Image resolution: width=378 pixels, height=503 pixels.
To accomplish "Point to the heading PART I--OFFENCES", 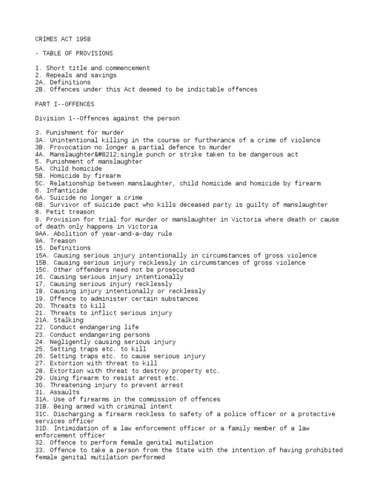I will pyautogui.click(x=65, y=104).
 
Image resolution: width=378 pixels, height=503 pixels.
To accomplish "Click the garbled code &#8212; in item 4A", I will pyautogui.click(x=102, y=154).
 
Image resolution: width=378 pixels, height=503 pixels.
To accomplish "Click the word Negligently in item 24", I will pyautogui.click(x=69, y=342).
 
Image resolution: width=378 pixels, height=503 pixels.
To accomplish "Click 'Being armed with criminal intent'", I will pyautogui.click(x=111, y=407).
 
